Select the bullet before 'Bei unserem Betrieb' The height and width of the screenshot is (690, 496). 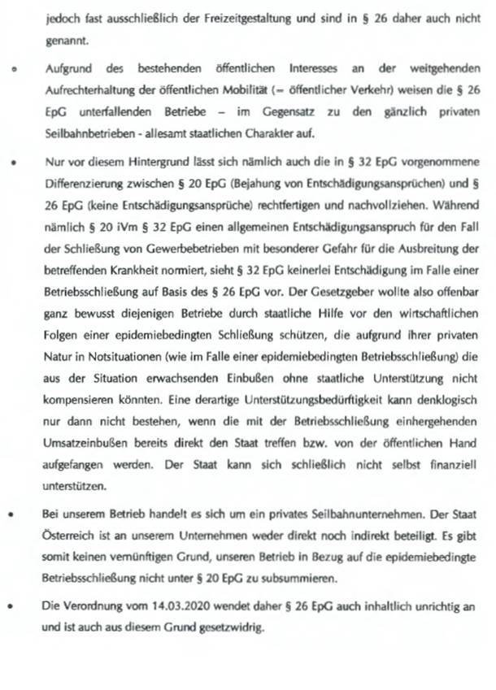15,517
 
